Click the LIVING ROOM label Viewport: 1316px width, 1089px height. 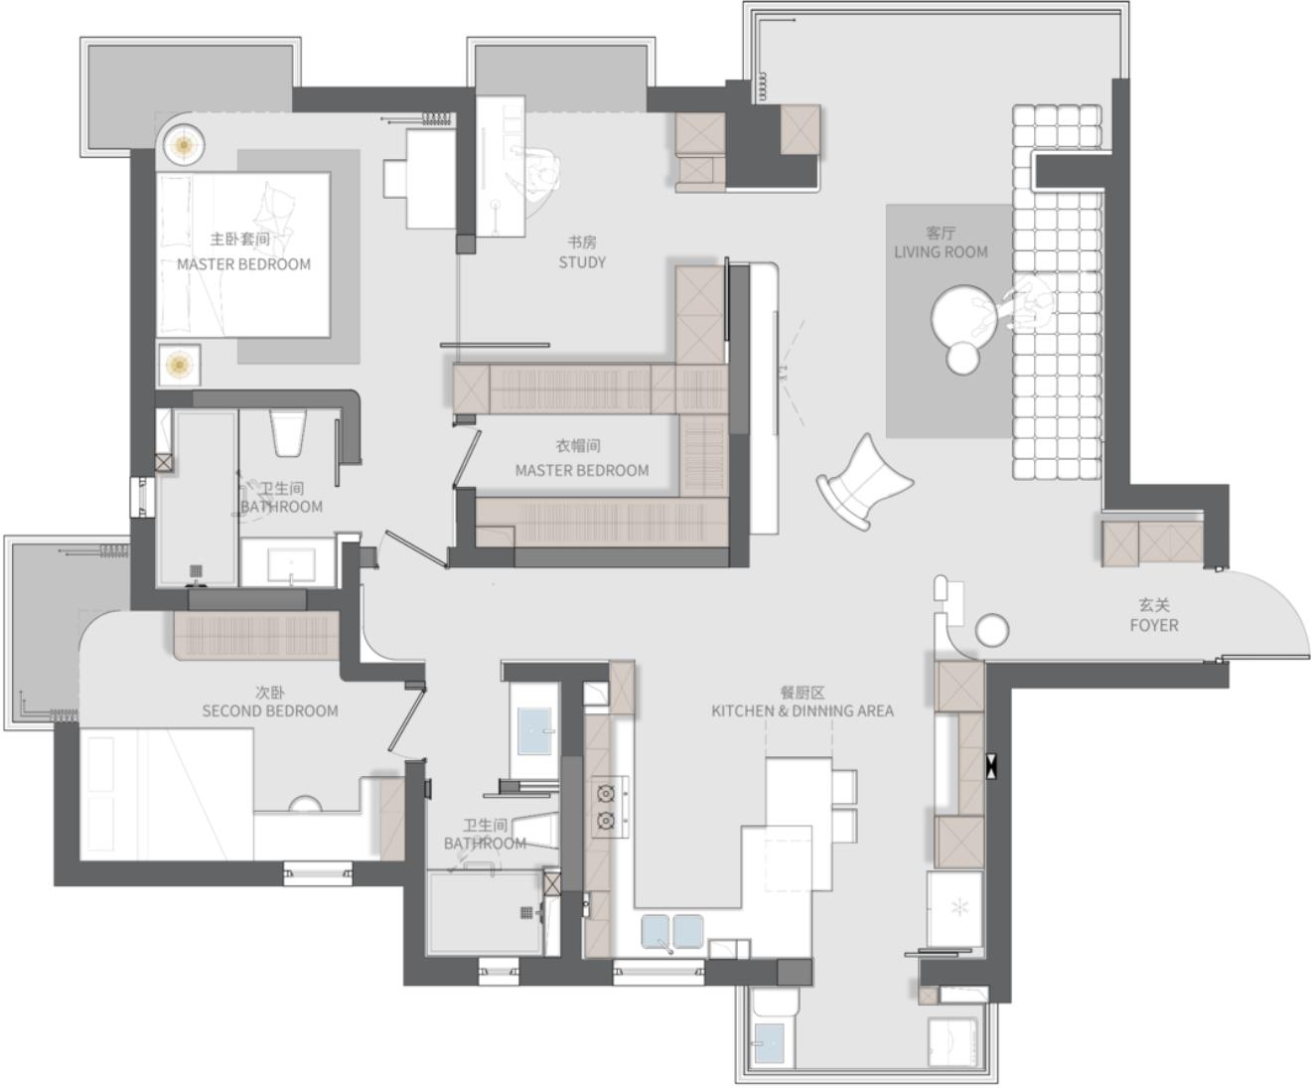click(x=941, y=252)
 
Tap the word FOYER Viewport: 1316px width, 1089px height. click(x=1154, y=626)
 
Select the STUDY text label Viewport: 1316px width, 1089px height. click(x=582, y=262)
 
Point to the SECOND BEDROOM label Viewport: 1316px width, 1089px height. click(x=270, y=710)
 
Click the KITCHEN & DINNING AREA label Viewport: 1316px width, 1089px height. click(x=803, y=710)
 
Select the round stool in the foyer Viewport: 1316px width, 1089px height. click(x=992, y=631)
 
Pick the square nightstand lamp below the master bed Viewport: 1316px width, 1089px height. click(x=180, y=365)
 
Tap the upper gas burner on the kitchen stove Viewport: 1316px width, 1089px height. click(x=606, y=793)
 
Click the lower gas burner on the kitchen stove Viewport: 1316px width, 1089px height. click(x=606, y=821)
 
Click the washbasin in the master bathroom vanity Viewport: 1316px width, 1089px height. click(x=291, y=565)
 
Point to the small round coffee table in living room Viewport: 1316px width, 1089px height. click(x=962, y=358)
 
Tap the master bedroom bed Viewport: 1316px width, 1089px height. click(x=243, y=254)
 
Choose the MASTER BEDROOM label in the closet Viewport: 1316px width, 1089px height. click(x=582, y=470)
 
